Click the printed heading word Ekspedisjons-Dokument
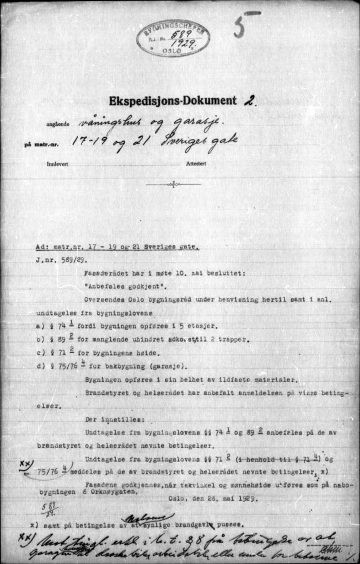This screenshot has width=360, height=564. click(x=172, y=101)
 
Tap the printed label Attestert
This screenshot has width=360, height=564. click(x=196, y=164)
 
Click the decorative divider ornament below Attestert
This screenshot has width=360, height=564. click(x=173, y=185)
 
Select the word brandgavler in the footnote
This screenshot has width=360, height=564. click(x=189, y=526)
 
